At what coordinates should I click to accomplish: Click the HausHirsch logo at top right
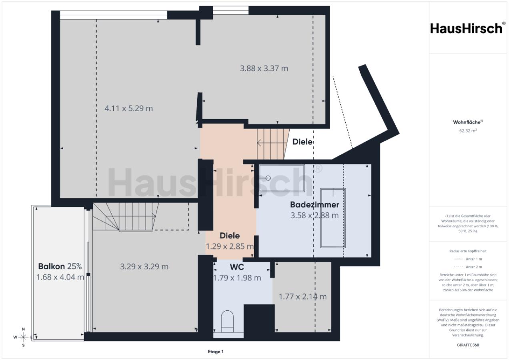(x=467, y=28)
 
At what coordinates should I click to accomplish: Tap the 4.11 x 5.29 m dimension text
(x=128, y=108)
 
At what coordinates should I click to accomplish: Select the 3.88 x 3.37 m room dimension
(x=264, y=68)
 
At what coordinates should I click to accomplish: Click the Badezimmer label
(x=315, y=205)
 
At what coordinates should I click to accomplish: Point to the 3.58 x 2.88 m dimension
(x=315, y=215)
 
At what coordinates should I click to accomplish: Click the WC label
(x=237, y=267)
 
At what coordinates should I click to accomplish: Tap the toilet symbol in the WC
(x=227, y=321)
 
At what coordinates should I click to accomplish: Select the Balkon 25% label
(x=60, y=266)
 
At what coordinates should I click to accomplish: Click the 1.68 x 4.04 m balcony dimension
(x=60, y=277)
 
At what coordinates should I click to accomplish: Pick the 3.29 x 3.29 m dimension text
(x=144, y=266)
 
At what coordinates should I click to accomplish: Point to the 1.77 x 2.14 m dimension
(x=303, y=297)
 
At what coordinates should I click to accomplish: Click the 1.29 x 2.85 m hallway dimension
(x=230, y=246)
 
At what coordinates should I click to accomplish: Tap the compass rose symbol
(x=23, y=337)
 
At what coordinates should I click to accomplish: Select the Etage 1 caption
(x=216, y=352)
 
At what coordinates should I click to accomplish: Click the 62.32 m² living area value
(x=468, y=130)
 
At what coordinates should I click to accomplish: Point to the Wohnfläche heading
(x=468, y=122)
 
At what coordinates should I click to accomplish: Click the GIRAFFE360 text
(x=468, y=345)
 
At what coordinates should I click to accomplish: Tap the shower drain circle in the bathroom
(x=268, y=178)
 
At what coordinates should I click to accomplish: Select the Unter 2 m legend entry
(x=468, y=267)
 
